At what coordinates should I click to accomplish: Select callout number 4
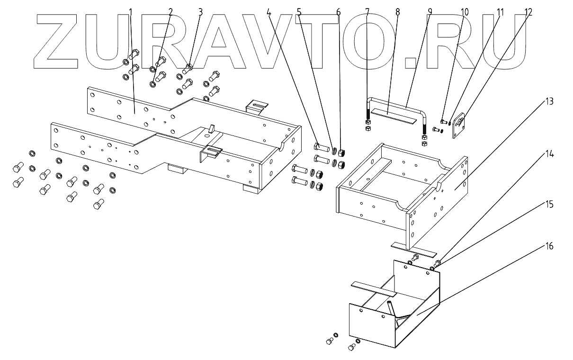269,11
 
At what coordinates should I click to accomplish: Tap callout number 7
367,11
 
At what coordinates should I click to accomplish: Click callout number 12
528,11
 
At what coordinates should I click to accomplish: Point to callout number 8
397,11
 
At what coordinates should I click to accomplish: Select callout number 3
200,11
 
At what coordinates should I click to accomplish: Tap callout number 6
338,11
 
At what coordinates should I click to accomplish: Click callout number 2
170,11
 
